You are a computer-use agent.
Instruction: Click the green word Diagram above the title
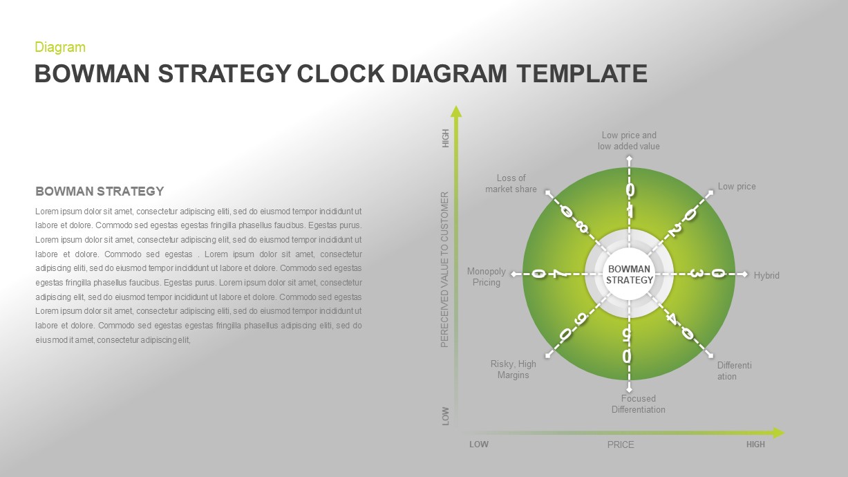[x=60, y=48]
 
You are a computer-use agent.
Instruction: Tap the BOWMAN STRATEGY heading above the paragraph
[x=100, y=191]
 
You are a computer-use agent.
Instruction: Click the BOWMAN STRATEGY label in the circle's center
[x=629, y=274]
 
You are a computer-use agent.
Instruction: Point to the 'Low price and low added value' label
[x=629, y=141]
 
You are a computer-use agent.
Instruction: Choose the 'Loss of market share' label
[x=511, y=184]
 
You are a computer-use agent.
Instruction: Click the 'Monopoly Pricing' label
[x=487, y=277]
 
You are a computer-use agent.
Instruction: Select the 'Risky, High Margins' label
[x=513, y=370]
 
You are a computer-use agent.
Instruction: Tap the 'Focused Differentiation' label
[x=638, y=404]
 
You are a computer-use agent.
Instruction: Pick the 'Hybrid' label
[x=766, y=276]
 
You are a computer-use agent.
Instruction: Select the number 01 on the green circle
[x=630, y=199]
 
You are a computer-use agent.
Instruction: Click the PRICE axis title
[x=621, y=445]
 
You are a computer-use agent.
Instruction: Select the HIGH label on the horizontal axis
[x=755, y=445]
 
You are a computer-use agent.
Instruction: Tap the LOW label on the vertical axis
[x=446, y=415]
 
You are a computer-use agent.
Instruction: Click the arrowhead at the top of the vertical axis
[x=455, y=111]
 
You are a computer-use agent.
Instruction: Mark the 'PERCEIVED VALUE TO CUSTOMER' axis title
[x=445, y=270]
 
